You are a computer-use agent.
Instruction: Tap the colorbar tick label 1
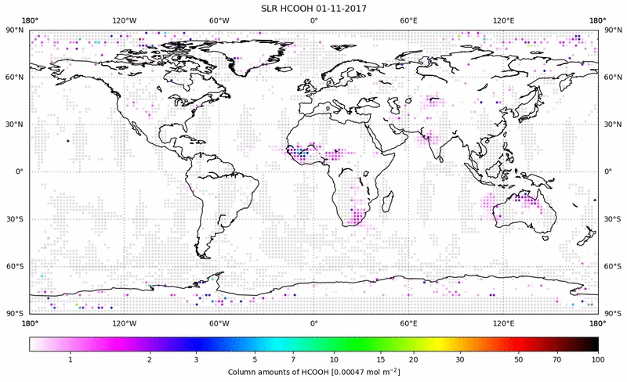[x=71, y=359]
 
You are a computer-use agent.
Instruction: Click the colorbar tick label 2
[x=149, y=359]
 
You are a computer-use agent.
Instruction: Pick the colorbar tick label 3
[x=196, y=359]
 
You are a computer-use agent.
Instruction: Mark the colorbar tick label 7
[x=292, y=359]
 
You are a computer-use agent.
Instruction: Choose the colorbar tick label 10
[x=334, y=359]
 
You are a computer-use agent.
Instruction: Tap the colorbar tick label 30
[x=459, y=359]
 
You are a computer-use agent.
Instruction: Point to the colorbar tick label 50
[x=518, y=359]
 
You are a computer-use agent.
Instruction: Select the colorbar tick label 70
[x=556, y=359]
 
